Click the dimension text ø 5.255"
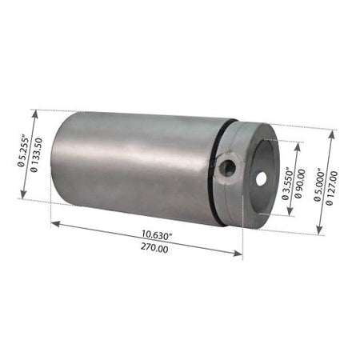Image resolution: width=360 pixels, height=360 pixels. coord(22,152)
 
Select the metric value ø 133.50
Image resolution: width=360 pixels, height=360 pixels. coord(36,155)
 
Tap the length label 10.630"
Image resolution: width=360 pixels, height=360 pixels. coord(157,235)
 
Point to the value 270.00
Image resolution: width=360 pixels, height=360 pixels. coord(154,248)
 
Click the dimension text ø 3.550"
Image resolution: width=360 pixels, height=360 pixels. coord(286,184)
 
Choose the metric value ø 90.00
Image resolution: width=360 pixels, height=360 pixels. coord(299,184)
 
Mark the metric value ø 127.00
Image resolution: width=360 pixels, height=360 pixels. coord(332,188)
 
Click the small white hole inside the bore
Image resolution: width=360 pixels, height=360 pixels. coord(262,179)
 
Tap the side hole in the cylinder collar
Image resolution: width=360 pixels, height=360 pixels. coord(229,169)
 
